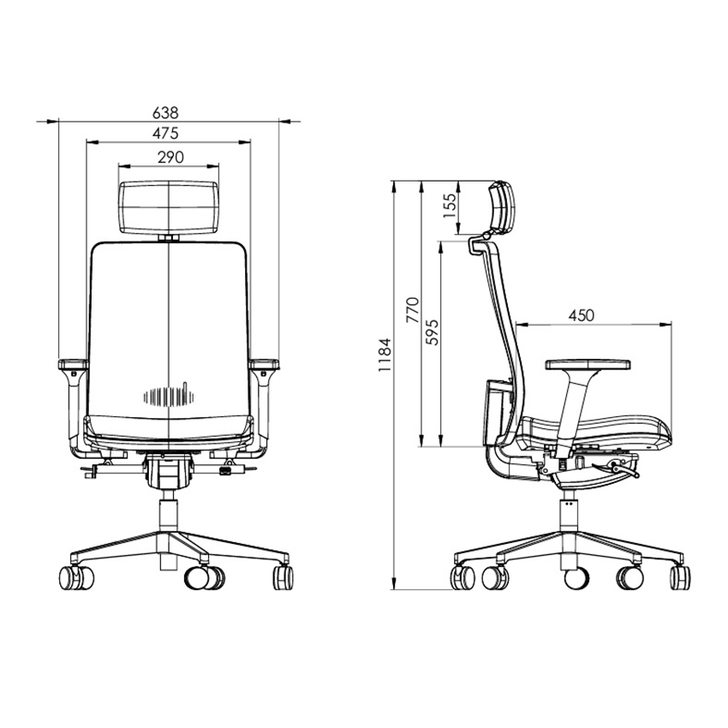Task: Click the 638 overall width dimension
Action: point(165,113)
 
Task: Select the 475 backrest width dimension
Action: point(165,134)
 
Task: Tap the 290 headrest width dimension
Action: point(170,158)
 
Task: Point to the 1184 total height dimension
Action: point(385,355)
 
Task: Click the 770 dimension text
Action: point(412,310)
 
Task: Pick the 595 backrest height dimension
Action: point(432,332)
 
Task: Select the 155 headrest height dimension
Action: point(450,206)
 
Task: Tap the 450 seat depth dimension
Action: point(581,316)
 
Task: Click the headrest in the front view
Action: point(169,207)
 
